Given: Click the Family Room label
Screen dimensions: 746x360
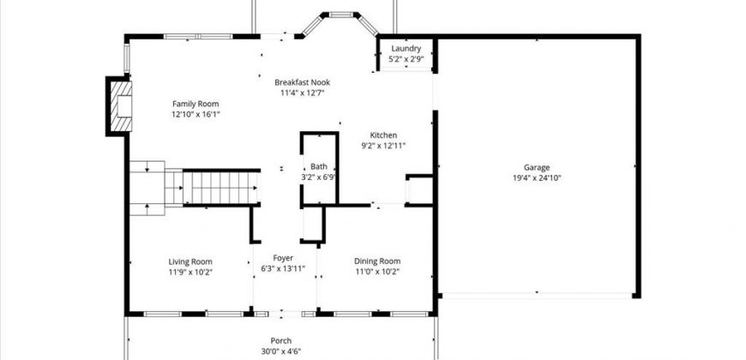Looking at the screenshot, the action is (x=196, y=104).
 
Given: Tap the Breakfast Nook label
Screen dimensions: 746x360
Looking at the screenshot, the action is (x=302, y=82).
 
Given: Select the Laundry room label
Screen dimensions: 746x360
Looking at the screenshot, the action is (x=406, y=49).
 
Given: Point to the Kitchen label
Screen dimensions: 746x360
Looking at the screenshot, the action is (x=383, y=135).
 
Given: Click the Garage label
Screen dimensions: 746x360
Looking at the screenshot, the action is (x=537, y=167).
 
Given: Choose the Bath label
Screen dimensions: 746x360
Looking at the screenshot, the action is (x=319, y=167).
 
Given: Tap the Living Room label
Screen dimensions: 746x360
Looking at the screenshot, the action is (x=190, y=261).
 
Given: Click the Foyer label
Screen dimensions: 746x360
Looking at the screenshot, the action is (x=283, y=258).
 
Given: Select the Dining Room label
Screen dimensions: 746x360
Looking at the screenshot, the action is (x=377, y=261).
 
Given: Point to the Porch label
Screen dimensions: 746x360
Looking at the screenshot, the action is (x=281, y=340).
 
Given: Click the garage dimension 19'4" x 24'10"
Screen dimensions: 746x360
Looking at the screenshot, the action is (x=537, y=178).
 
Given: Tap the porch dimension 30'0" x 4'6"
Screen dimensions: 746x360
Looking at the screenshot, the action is (x=281, y=352).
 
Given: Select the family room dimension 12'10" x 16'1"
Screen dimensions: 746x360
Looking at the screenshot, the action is (x=196, y=115).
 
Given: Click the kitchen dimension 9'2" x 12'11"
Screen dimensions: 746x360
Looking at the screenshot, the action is (x=383, y=147).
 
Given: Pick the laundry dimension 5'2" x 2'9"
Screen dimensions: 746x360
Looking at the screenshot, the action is (x=406, y=59).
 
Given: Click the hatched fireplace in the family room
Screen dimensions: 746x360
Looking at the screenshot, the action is (x=119, y=106).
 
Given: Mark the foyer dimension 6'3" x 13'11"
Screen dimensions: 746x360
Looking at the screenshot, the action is (x=283, y=269).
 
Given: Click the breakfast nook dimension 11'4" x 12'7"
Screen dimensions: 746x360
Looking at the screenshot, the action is (x=302, y=93).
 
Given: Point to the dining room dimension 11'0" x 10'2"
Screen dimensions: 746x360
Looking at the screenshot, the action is (x=377, y=272).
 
